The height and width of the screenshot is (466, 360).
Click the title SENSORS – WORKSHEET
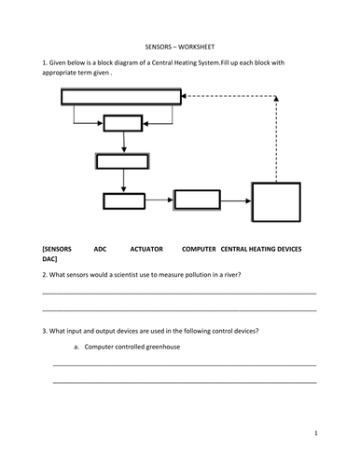(x=179, y=44)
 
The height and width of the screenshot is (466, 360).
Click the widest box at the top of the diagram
(x=121, y=96)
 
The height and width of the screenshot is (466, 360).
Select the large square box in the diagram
(x=278, y=213)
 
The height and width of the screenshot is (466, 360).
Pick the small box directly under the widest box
(x=122, y=124)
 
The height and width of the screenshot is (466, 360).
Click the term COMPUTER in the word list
(x=199, y=252)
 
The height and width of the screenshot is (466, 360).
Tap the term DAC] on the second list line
(x=50, y=262)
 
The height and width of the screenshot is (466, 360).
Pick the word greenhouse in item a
(x=160, y=347)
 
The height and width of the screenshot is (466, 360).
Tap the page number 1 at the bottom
(x=316, y=434)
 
